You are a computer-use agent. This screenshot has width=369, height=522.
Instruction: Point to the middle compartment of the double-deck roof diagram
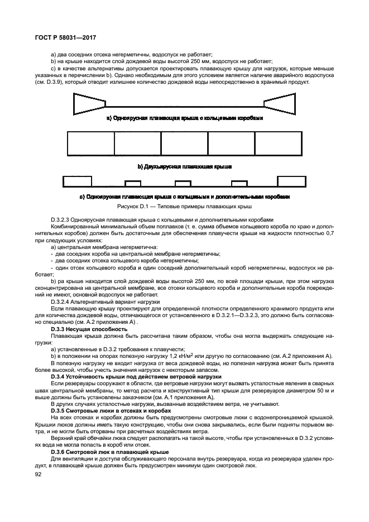[x=185, y=143]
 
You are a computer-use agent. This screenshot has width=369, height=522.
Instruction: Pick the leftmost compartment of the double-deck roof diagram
[x=90, y=143]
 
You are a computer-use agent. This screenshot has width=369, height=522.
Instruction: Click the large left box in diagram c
[x=77, y=181]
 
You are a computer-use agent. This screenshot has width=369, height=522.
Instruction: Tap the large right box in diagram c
[x=291, y=181]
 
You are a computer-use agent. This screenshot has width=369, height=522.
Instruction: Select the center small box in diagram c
[x=183, y=183]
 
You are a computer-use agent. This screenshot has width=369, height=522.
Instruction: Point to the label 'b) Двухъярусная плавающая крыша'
[x=184, y=166]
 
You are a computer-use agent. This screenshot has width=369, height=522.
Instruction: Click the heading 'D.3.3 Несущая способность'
[x=82, y=329]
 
